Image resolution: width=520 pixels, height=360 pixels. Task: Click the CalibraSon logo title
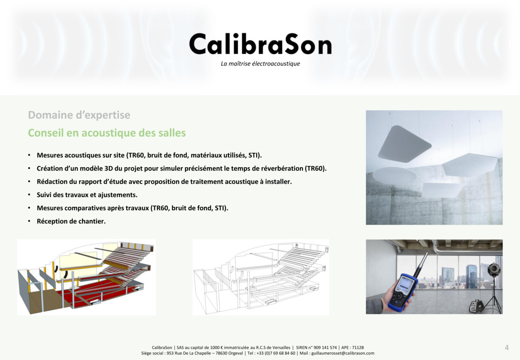click(260, 44)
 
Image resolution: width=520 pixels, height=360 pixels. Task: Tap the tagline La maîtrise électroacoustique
click(260, 63)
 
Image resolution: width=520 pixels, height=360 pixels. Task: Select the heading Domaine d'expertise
click(79, 115)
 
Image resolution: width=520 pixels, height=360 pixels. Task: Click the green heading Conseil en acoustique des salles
click(107, 133)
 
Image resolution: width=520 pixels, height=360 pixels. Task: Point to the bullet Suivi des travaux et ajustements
click(87, 195)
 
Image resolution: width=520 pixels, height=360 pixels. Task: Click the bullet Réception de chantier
click(71, 221)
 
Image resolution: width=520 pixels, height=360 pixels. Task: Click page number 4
click(507, 348)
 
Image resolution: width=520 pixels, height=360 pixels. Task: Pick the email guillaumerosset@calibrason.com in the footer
click(343, 353)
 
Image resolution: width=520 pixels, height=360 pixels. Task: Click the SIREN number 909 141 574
click(325, 348)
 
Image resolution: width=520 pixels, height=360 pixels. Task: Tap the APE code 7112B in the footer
click(358, 348)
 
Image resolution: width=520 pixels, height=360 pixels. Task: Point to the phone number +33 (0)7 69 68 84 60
click(276, 353)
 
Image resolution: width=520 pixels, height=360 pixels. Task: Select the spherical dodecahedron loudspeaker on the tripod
click(494, 270)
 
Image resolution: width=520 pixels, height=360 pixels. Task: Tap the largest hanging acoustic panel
click(404, 144)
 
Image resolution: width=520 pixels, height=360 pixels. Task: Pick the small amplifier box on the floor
click(476, 306)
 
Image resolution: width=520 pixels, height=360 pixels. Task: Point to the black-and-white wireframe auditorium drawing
click(261, 277)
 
